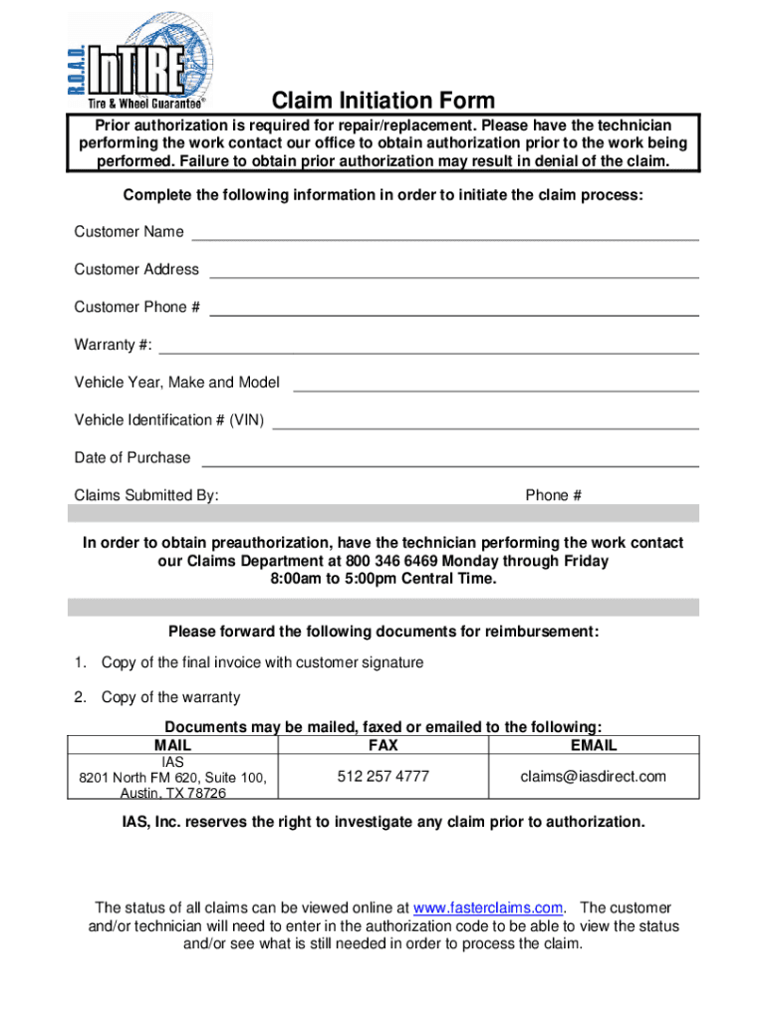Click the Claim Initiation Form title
tap(383, 101)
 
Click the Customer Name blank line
tap(444, 238)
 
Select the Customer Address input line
tap(453, 276)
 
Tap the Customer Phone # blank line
tap(453, 314)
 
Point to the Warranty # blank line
tap(428, 352)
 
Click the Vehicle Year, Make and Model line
tap(495, 389)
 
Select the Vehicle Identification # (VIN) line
tap(485, 427)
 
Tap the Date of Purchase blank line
tap(449, 465)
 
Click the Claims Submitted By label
tap(146, 495)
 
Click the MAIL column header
tap(173, 745)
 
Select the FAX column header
tap(383, 745)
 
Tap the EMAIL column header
tap(594, 745)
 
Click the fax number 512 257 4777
tap(383, 776)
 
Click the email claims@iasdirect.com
tap(594, 776)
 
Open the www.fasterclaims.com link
tap(488, 907)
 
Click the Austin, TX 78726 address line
tap(173, 793)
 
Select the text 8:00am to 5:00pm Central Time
tap(383, 579)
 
